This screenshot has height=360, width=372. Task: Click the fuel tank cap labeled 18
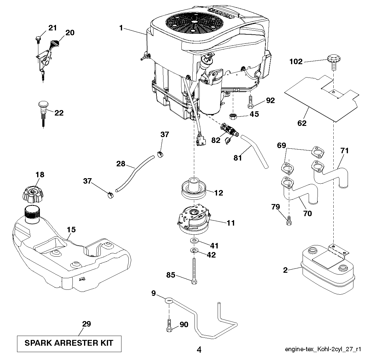pos(33,193)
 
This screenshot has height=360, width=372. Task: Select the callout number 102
pos(296,62)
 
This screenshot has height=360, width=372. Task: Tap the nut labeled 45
pos(233,116)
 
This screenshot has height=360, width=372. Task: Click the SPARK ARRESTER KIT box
pos(69,343)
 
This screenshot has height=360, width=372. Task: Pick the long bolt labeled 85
pos(194,270)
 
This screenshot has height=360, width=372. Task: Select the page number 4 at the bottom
pos(199,350)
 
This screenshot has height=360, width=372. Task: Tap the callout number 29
pos(86,324)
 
